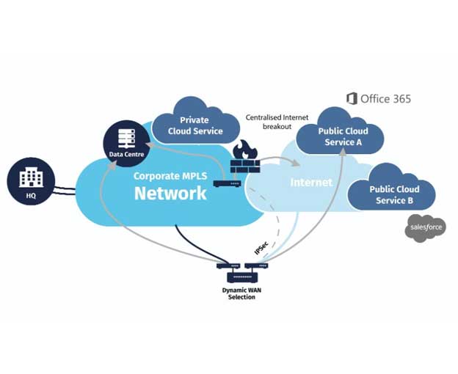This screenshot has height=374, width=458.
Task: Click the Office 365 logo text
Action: [379, 98]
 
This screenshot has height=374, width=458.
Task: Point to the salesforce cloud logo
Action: [425, 229]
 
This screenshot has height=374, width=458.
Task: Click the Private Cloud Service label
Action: [194, 125]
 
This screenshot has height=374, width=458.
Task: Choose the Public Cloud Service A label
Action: [343, 136]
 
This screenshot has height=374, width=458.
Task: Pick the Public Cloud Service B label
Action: [394, 195]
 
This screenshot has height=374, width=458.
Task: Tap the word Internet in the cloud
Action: [311, 182]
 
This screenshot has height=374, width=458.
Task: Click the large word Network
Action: [170, 193]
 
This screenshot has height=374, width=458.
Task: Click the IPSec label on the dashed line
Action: [261, 246]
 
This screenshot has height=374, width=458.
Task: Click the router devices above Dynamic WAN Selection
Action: [241, 271]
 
